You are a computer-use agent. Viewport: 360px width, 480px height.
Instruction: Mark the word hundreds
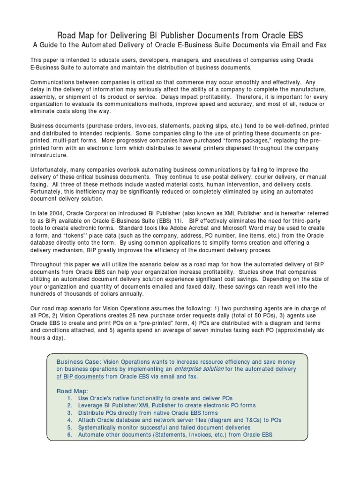[44, 293]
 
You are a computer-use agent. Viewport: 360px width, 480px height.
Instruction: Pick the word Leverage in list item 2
[91, 405]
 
